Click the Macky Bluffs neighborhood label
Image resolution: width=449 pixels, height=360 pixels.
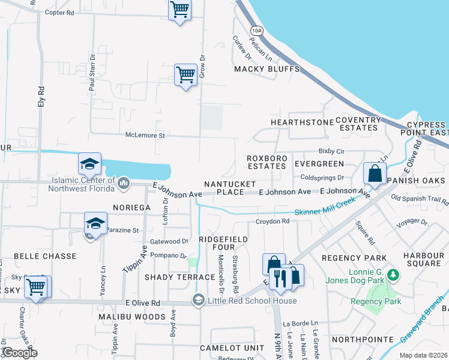[x=267, y=69]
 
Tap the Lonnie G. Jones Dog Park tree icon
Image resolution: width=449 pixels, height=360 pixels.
[x=393, y=275]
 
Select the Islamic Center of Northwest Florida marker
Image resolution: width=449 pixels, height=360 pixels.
[x=124, y=182]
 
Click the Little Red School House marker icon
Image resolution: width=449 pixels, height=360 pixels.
[x=199, y=301]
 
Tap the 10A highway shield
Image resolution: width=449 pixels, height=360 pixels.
[x=257, y=30]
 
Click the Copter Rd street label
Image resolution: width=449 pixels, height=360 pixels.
[x=59, y=12]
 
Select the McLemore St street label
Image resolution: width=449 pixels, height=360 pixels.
[x=145, y=136]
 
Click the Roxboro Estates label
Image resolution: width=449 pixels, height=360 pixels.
[x=267, y=162]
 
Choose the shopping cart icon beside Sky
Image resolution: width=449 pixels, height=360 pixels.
[x=37, y=287]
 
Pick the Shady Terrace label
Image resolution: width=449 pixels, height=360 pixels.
[x=179, y=277]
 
